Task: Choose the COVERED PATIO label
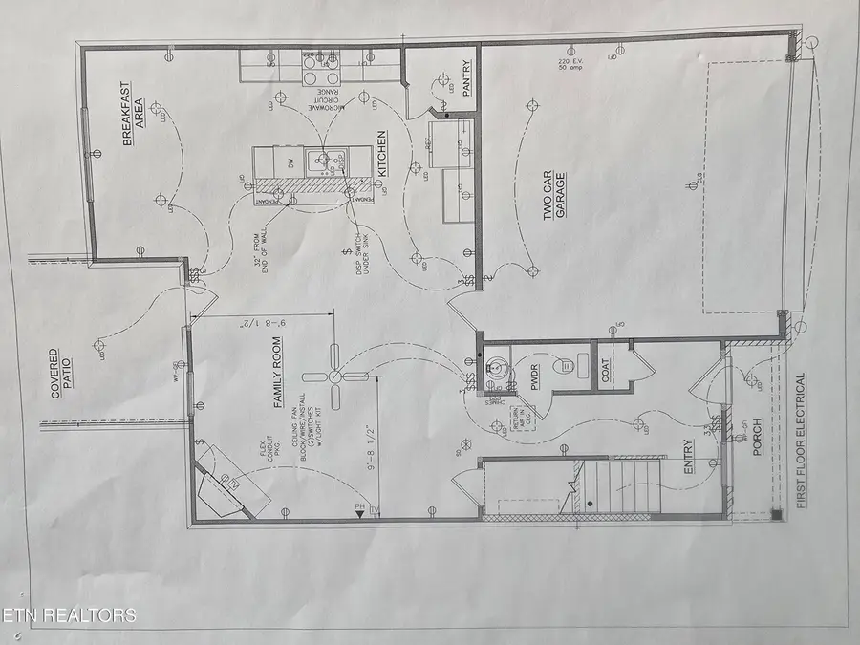point(60,373)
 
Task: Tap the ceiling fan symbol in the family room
point(337,377)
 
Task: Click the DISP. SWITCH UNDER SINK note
point(354,253)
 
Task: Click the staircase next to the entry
point(616,487)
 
